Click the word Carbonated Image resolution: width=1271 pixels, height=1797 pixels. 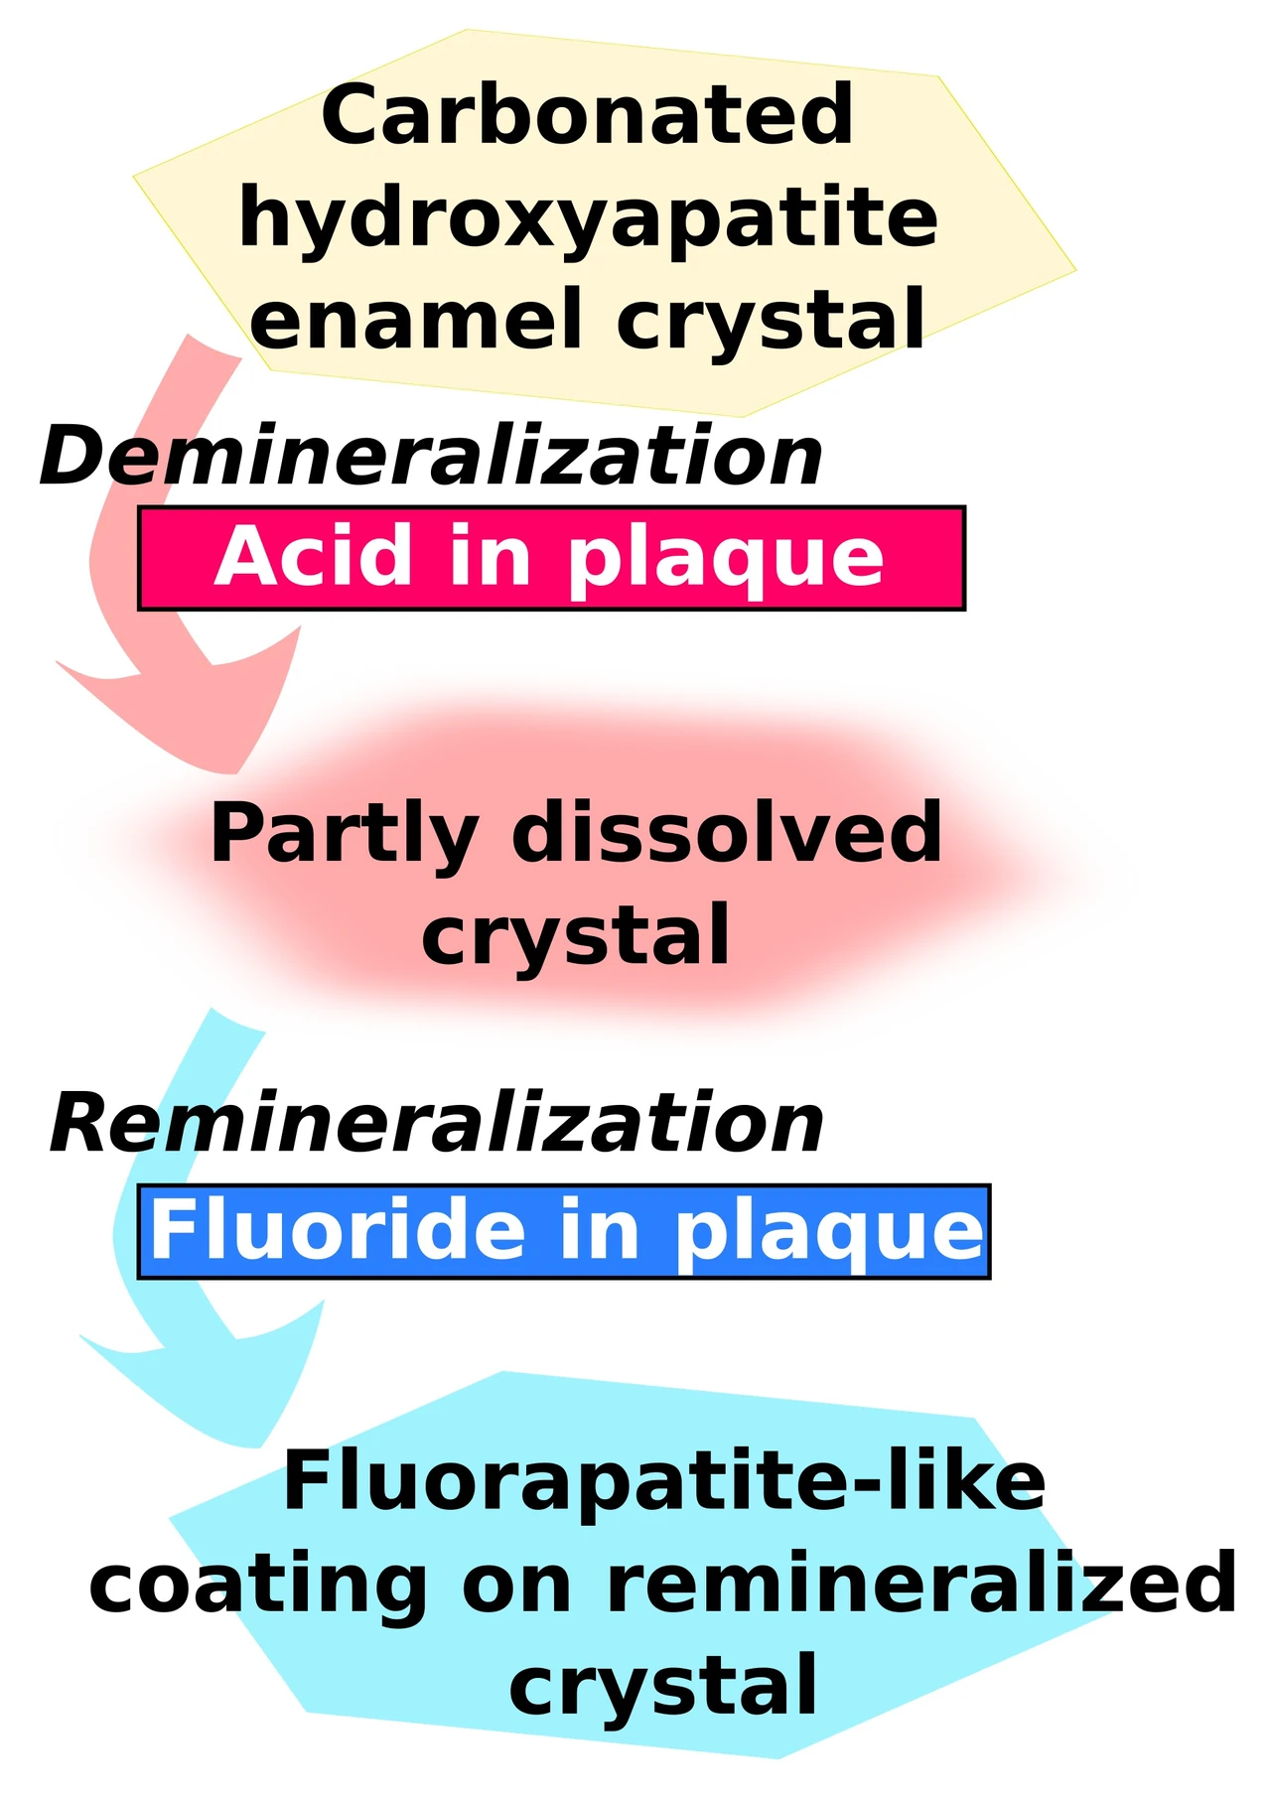[x=587, y=115]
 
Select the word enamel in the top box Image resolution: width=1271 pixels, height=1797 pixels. [x=415, y=320]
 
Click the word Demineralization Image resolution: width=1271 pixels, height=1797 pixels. [x=431, y=456]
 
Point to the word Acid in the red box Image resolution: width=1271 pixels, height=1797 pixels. [x=313, y=557]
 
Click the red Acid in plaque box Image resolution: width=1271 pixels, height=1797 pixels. [x=551, y=558]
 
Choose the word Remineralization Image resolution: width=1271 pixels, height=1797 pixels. [x=437, y=1123]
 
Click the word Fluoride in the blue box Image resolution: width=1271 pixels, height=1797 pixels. [x=338, y=1230]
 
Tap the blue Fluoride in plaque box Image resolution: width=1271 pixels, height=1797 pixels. [x=564, y=1231]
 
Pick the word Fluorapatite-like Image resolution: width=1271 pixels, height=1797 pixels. [x=664, y=1481]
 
